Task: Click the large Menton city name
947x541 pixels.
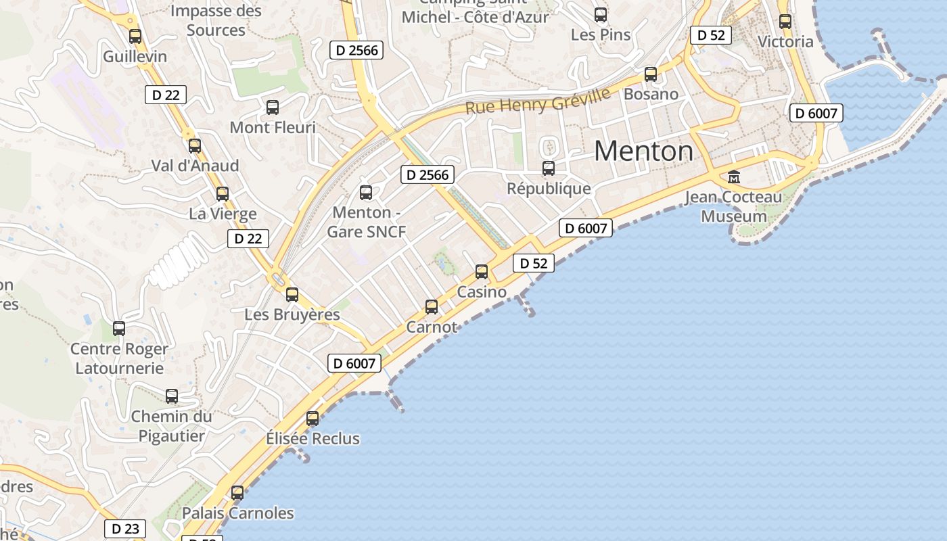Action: [x=643, y=151]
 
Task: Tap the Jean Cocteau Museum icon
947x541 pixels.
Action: [x=734, y=177]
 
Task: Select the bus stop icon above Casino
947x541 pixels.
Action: [x=482, y=272]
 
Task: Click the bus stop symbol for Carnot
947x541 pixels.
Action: [x=432, y=307]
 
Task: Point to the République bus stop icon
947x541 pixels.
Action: [x=549, y=168]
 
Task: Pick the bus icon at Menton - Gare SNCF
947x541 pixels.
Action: [x=366, y=193]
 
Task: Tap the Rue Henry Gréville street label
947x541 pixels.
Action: [x=538, y=102]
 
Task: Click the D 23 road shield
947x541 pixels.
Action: [x=125, y=529]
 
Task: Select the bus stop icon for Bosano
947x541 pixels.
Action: [x=651, y=74]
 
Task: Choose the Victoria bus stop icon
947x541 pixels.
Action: [x=785, y=22]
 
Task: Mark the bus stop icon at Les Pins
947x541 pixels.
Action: [x=601, y=15]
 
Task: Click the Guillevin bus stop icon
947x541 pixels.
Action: [x=135, y=37]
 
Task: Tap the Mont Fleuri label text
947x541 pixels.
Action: [x=273, y=127]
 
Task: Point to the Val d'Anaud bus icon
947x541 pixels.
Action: [x=195, y=145]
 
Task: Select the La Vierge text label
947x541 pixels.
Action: [x=223, y=214]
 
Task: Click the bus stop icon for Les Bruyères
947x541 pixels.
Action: [x=292, y=295]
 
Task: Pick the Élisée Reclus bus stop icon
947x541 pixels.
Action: [x=313, y=419]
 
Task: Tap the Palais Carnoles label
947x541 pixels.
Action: [x=238, y=513]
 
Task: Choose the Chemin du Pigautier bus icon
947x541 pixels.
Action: [x=172, y=396]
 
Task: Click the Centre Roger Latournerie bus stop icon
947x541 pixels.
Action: [x=119, y=329]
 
